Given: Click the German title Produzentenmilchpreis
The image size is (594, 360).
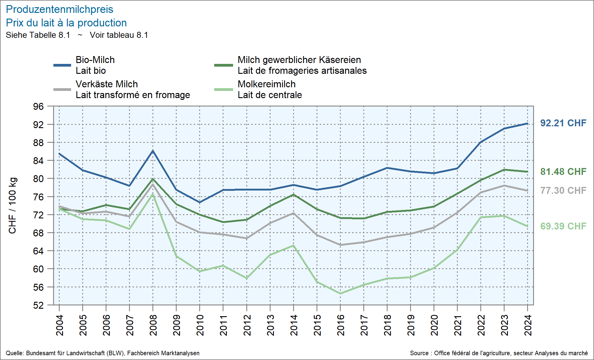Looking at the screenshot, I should pos(59,10).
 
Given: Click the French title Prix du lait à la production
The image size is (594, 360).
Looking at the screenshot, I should pos(66,23).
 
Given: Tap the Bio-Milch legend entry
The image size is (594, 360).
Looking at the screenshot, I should pos(95,65).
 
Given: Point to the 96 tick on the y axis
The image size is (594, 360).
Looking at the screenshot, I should pos(38,106).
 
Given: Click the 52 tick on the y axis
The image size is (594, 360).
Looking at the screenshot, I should pos(38,305).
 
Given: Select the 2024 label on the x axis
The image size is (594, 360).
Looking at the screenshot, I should pos(528,325).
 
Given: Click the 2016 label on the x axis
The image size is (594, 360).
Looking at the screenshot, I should pos(340,325).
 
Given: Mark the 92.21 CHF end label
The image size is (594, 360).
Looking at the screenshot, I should pos(563,123).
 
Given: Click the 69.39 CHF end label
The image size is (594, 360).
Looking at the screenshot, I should pos(563,226).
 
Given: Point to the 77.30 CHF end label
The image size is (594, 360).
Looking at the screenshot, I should pos(563,190).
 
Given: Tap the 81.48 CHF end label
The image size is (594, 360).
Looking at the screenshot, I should pos(563,172).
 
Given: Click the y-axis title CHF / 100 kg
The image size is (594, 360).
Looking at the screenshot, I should pos(13,205).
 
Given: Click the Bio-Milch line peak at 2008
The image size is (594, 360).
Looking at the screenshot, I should pos(153,151).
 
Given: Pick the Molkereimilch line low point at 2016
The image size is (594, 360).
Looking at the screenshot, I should pos(340,293).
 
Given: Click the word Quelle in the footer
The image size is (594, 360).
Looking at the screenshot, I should pos(15,353).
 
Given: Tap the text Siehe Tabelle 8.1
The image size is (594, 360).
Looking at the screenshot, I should pos(38,35).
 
